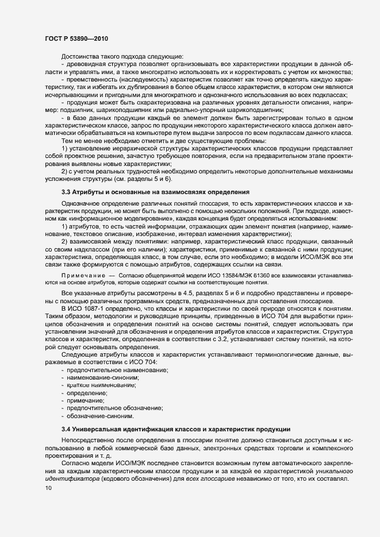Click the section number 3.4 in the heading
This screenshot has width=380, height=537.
68,429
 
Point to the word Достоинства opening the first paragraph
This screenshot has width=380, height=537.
83,56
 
